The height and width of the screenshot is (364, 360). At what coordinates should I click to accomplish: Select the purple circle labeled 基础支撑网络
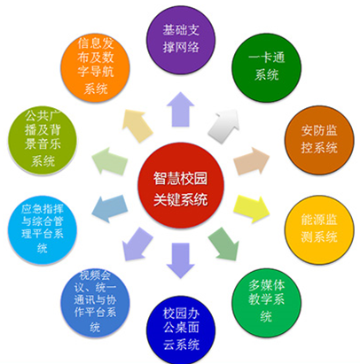(x=181, y=39)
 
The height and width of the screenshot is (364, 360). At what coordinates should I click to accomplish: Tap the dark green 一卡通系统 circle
(x=267, y=67)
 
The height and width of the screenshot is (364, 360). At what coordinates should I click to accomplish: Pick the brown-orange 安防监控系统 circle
(x=319, y=140)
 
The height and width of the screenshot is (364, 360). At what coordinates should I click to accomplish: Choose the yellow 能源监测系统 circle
(x=319, y=229)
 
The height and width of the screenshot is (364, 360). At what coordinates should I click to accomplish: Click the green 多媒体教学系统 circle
(x=267, y=302)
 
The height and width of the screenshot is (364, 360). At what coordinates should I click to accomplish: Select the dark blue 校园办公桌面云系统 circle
(x=181, y=330)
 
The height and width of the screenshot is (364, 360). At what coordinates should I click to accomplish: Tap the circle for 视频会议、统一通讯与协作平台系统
(x=95, y=302)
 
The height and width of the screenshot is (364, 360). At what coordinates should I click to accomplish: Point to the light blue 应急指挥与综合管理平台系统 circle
(x=43, y=229)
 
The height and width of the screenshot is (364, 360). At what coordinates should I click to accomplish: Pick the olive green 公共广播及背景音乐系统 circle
(x=43, y=140)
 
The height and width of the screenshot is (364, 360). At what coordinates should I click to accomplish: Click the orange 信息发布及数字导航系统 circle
(x=95, y=67)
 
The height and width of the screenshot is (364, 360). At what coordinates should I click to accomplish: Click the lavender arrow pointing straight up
(x=181, y=109)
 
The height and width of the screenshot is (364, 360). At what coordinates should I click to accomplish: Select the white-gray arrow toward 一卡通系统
(x=224, y=125)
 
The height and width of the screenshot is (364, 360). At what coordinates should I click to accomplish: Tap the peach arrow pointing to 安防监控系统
(x=252, y=161)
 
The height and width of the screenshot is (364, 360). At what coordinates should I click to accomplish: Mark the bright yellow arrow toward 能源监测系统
(x=252, y=209)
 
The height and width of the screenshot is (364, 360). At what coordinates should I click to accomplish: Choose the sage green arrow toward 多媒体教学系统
(x=224, y=244)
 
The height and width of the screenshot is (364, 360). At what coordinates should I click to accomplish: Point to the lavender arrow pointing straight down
(x=181, y=260)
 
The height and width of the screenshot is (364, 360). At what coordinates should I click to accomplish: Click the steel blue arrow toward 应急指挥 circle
(x=110, y=209)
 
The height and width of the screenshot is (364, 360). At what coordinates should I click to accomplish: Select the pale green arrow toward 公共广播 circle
(x=110, y=161)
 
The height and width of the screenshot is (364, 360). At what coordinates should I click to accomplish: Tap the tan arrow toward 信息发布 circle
(x=137, y=125)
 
